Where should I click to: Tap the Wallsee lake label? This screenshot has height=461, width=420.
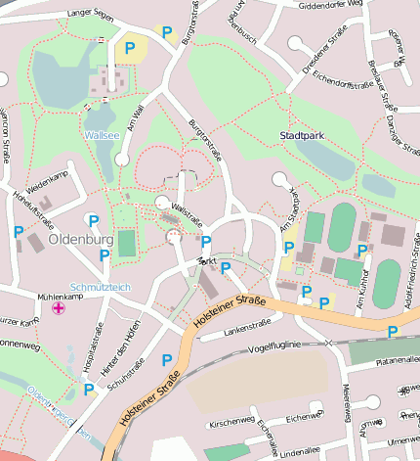(103, 135)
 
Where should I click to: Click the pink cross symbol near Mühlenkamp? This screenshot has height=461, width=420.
(59, 309)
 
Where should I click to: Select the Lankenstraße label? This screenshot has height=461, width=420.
(247, 330)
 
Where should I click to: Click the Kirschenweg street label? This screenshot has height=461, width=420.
(231, 422)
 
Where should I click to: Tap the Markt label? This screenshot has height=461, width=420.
(206, 261)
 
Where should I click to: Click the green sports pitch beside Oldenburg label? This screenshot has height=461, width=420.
(127, 243)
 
